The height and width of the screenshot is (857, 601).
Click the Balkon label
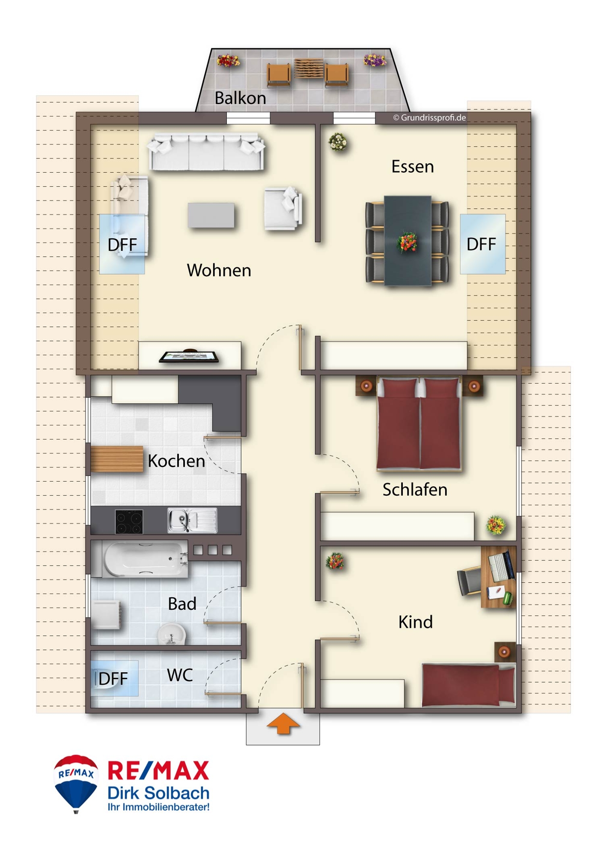[240, 98]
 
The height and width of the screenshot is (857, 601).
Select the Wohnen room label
[219, 270]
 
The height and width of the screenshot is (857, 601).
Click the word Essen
[412, 166]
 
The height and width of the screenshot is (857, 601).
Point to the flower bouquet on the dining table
[407, 243]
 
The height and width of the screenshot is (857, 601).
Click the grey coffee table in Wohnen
[211, 215]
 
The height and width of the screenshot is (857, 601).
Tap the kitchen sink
[192, 520]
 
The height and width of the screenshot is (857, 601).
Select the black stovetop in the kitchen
[129, 521]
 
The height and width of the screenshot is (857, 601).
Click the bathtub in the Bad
[145, 558]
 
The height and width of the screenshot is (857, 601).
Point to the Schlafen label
[415, 490]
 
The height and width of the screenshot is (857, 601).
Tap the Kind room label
[415, 622]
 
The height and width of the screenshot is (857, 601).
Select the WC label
[180, 675]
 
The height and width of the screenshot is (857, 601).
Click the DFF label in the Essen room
[481, 244]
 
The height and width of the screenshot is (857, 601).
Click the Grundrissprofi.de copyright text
[429, 117]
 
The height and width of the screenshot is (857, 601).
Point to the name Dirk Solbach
[158, 793]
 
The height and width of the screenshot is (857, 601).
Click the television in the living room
[189, 357]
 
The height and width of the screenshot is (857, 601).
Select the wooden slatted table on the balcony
[309, 69]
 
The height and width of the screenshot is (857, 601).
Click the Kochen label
[176, 461]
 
